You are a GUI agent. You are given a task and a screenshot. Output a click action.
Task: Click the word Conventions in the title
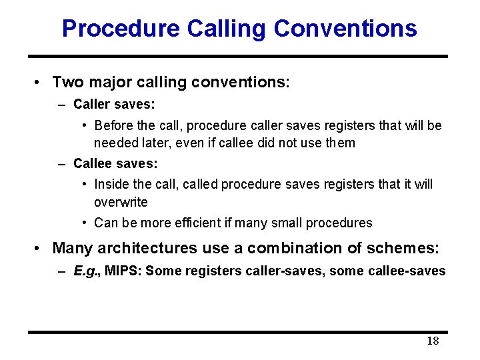345,29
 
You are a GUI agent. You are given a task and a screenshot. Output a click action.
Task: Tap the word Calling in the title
227,29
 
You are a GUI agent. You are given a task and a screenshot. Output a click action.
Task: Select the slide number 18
433,341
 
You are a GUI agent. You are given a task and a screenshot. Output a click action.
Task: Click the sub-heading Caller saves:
114,104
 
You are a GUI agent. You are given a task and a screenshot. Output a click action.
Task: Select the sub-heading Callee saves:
114,163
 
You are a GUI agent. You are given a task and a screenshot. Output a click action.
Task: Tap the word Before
115,126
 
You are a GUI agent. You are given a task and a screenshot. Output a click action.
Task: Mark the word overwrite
121,202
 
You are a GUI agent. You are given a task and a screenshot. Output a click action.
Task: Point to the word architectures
147,248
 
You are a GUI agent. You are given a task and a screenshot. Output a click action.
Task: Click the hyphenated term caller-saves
271,271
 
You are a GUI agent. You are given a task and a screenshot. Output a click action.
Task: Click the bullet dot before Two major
39,83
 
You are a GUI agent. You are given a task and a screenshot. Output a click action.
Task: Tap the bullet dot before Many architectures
39,249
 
